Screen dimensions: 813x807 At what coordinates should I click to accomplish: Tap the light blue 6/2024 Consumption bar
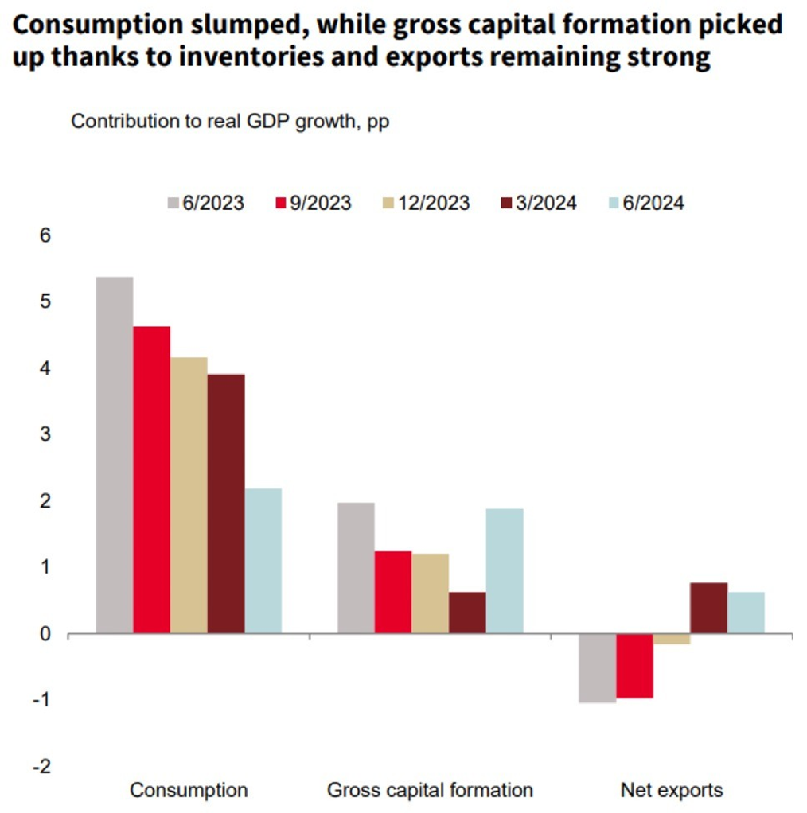click(263, 561)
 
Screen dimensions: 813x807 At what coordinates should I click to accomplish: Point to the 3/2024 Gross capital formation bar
click(467, 613)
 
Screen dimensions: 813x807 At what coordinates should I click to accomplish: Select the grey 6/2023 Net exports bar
click(597, 668)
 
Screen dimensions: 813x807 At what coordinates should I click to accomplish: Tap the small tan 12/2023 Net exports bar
click(671, 639)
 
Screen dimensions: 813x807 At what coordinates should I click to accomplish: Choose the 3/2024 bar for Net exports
click(708, 609)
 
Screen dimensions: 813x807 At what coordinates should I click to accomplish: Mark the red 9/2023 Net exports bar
click(634, 666)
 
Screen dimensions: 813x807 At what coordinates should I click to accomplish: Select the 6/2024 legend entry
click(644, 203)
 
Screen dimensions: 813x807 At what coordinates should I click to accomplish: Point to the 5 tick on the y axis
click(45, 302)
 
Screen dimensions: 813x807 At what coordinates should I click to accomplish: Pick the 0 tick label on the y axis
click(45, 634)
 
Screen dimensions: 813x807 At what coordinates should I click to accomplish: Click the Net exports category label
click(672, 790)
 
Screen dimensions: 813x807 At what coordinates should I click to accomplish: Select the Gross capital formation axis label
click(430, 790)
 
